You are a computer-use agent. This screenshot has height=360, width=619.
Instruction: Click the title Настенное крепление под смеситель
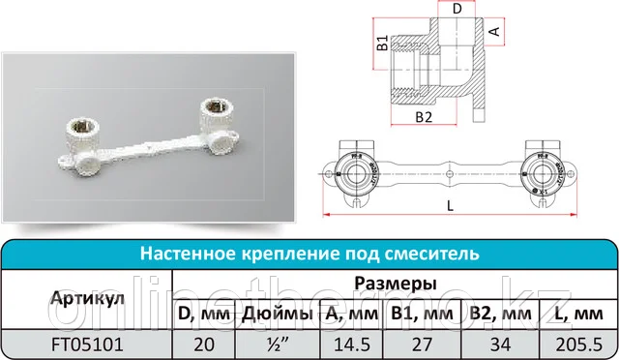click(x=309, y=255)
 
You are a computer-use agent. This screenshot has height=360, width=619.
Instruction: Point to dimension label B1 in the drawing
click(x=382, y=45)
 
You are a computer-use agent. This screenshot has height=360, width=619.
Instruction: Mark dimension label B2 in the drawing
click(x=423, y=117)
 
